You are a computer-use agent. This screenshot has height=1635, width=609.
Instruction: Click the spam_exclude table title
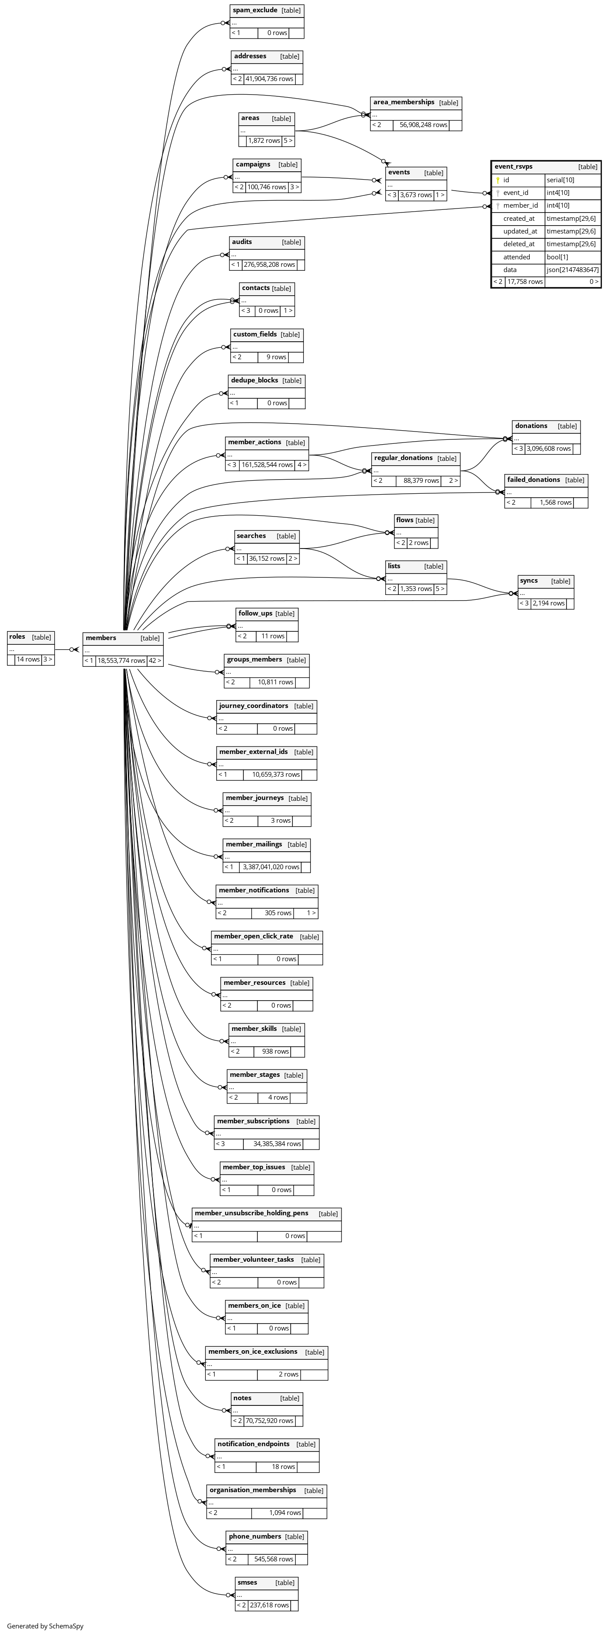(255, 10)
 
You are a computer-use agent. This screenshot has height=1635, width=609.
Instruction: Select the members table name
(101, 638)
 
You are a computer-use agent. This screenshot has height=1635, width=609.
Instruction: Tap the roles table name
(17, 637)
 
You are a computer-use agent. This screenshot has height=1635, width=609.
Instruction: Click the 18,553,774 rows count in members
(121, 661)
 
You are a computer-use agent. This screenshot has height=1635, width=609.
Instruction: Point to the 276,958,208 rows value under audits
(269, 265)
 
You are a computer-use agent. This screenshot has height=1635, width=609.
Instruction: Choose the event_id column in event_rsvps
(516, 193)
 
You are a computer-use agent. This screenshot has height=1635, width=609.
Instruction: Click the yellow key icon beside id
(498, 180)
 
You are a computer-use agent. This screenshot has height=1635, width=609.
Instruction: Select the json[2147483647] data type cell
(572, 270)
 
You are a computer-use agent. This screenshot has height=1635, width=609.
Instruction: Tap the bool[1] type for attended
(557, 257)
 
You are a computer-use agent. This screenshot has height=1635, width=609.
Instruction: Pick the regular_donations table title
(403, 458)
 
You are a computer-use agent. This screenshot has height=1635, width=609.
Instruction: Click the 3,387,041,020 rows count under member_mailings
(271, 867)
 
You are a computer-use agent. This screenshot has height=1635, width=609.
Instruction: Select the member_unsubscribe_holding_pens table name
(251, 1213)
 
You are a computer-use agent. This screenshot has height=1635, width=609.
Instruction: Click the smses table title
(247, 1582)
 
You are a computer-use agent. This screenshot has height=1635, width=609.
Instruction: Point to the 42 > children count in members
(155, 661)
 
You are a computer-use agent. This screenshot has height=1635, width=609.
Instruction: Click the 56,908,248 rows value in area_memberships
(423, 125)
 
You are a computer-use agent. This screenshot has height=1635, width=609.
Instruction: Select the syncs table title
(528, 581)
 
